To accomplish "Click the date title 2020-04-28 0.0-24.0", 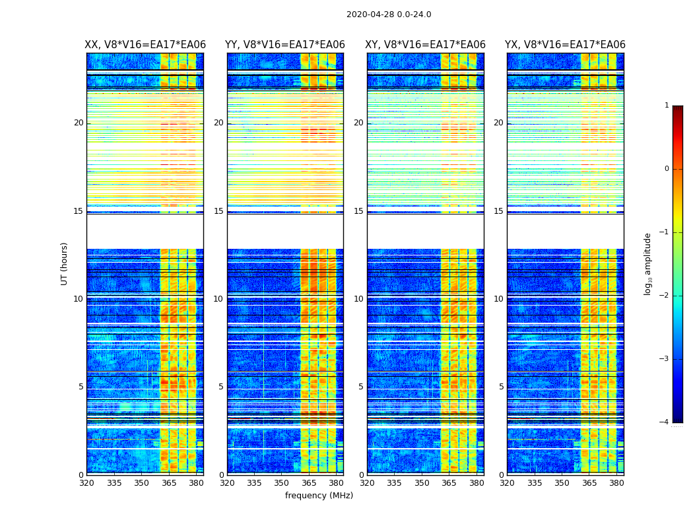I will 389,15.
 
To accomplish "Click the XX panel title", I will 145,45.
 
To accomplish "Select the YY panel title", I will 285,45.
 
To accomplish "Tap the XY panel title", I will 426,45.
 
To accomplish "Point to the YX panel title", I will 565,45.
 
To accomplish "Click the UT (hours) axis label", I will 65,263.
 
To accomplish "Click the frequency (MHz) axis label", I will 319,496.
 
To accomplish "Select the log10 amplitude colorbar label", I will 648,263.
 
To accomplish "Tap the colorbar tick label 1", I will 667,106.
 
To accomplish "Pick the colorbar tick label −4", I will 665,422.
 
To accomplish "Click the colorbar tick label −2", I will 665,296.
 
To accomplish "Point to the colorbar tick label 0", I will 667,169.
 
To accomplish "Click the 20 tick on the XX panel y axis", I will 79,123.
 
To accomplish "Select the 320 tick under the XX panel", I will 86,483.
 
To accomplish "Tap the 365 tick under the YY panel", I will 309,483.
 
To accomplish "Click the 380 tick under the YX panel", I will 616,483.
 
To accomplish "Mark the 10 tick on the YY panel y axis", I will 218,299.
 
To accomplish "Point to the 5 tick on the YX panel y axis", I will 502,387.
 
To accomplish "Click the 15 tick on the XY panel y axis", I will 358,211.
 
